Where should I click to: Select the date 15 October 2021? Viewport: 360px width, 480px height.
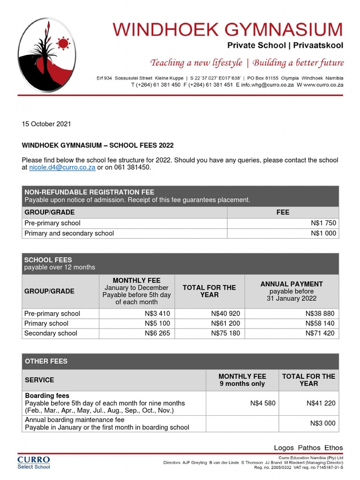point(46,124)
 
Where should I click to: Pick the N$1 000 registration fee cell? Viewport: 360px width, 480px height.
point(323,233)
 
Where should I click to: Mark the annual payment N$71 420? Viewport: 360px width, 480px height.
point(321,333)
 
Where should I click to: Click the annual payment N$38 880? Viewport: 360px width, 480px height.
point(321,314)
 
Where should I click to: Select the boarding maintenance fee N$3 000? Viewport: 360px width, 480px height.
point(323,423)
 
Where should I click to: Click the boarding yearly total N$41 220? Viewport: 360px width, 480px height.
point(321,403)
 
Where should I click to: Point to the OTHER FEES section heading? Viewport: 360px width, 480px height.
point(46,361)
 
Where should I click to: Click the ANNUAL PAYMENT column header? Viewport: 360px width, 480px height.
point(292,284)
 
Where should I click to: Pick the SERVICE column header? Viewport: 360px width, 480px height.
point(39,380)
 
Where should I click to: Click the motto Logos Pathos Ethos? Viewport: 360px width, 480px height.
point(308,448)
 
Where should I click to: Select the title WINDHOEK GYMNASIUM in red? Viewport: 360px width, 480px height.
point(227,30)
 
